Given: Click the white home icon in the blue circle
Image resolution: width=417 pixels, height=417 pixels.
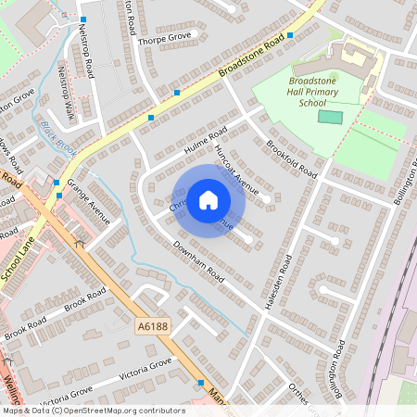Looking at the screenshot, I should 208,200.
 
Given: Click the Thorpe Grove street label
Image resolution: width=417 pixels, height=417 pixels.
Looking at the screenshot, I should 164,38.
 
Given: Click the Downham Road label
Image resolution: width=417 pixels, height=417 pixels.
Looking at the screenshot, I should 198,261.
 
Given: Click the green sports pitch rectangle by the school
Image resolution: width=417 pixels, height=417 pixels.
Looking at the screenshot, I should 330,117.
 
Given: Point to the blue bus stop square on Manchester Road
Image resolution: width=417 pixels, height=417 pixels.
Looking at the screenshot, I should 200,382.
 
